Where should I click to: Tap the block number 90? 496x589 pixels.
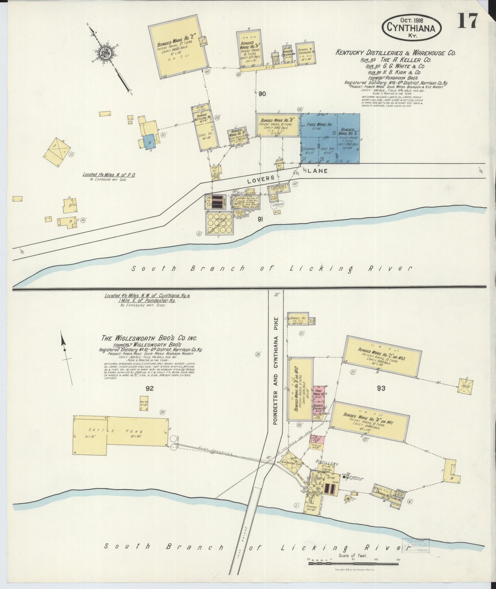[263, 94]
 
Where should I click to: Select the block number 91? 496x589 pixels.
[260, 219]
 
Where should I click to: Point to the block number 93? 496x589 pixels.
[381, 388]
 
